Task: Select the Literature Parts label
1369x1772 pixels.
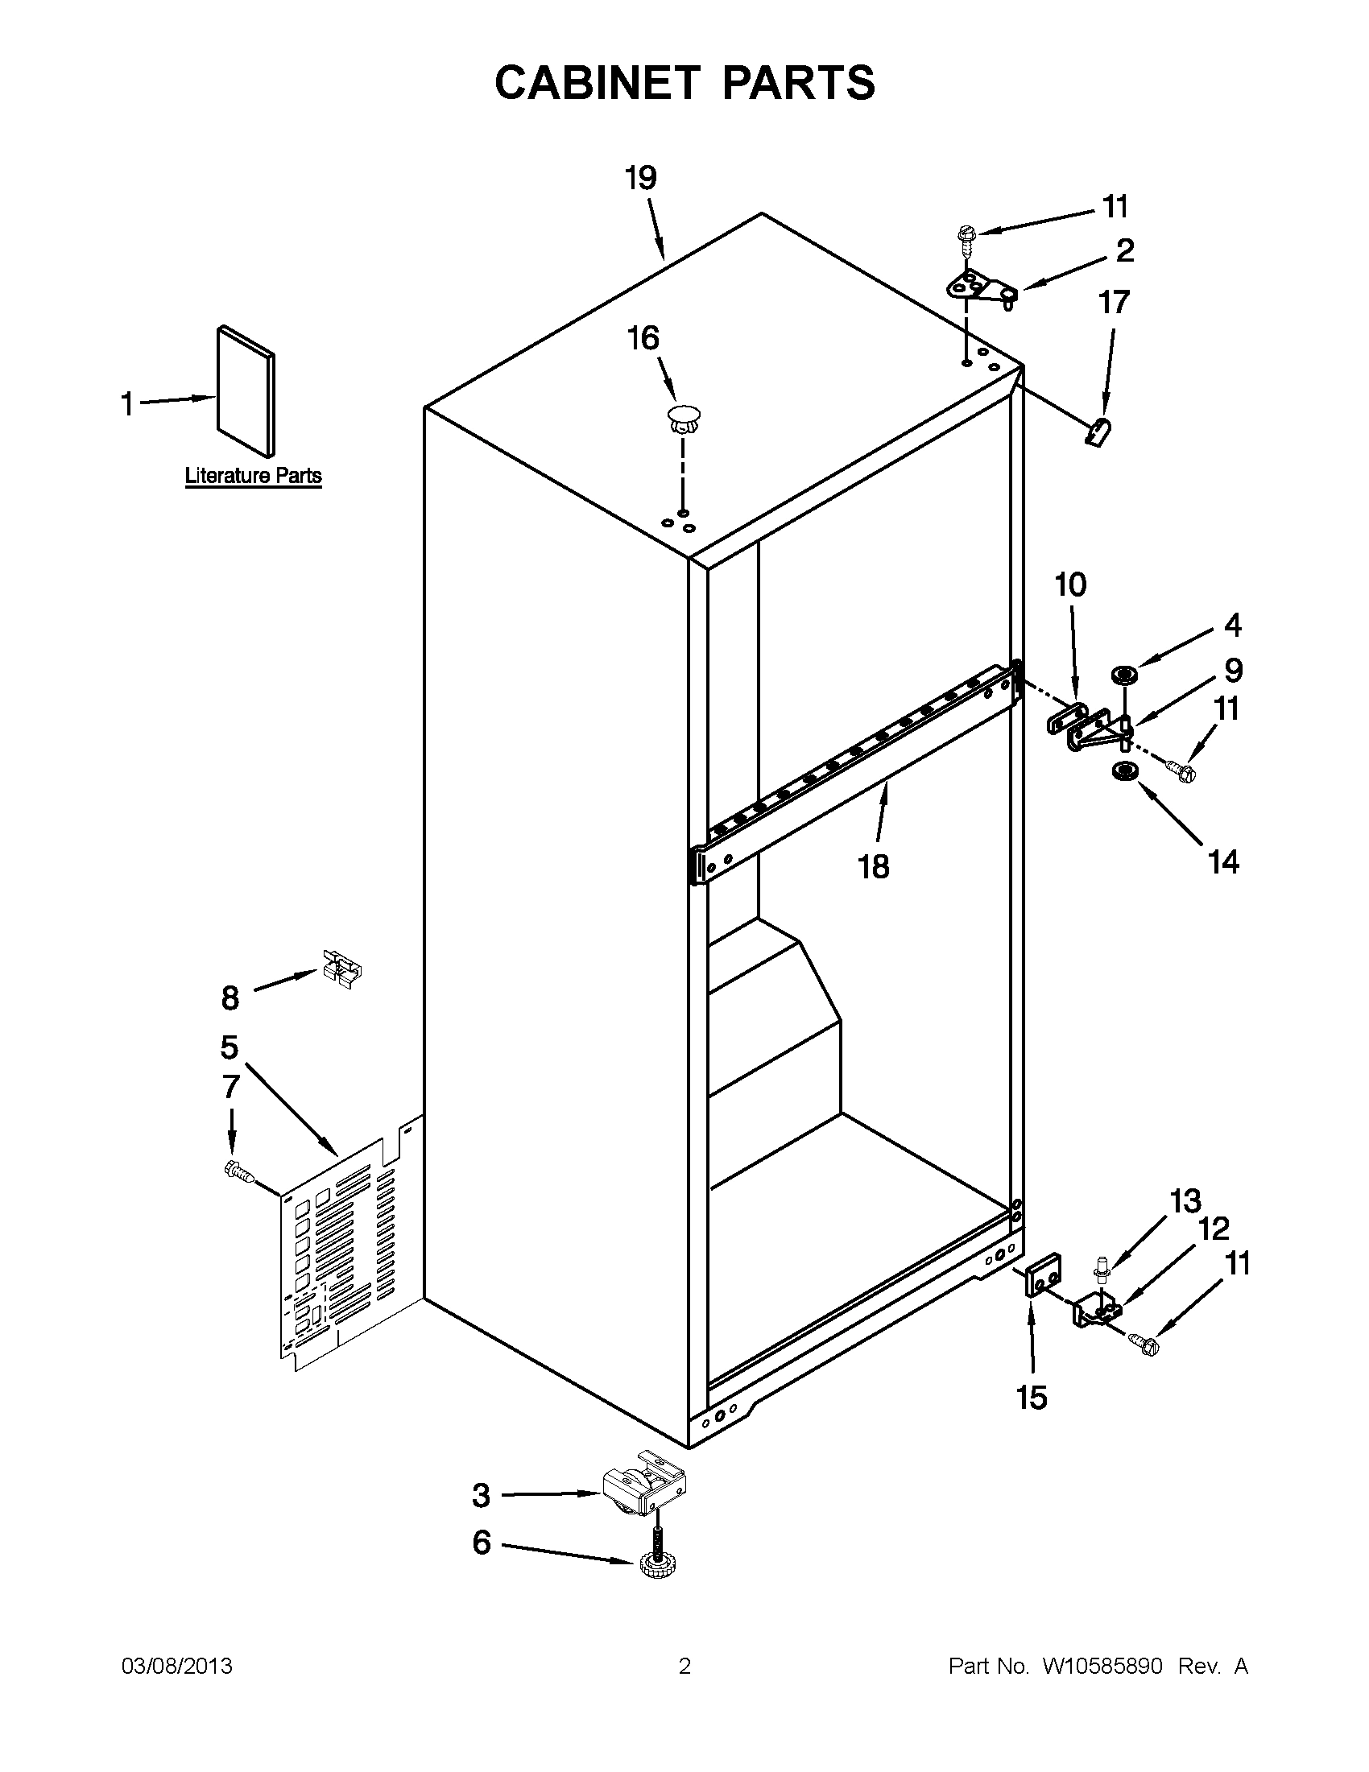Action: pyautogui.click(x=253, y=476)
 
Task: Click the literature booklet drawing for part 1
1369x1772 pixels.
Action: pyautogui.click(x=246, y=392)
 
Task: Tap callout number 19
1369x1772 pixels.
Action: pyautogui.click(x=640, y=178)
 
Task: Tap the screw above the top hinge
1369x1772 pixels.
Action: pyautogui.click(x=966, y=234)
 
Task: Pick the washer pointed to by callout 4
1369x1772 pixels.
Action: pyautogui.click(x=1124, y=674)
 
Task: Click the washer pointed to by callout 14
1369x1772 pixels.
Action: pyautogui.click(x=1123, y=771)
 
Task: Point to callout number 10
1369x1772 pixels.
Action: pyautogui.click(x=1069, y=584)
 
